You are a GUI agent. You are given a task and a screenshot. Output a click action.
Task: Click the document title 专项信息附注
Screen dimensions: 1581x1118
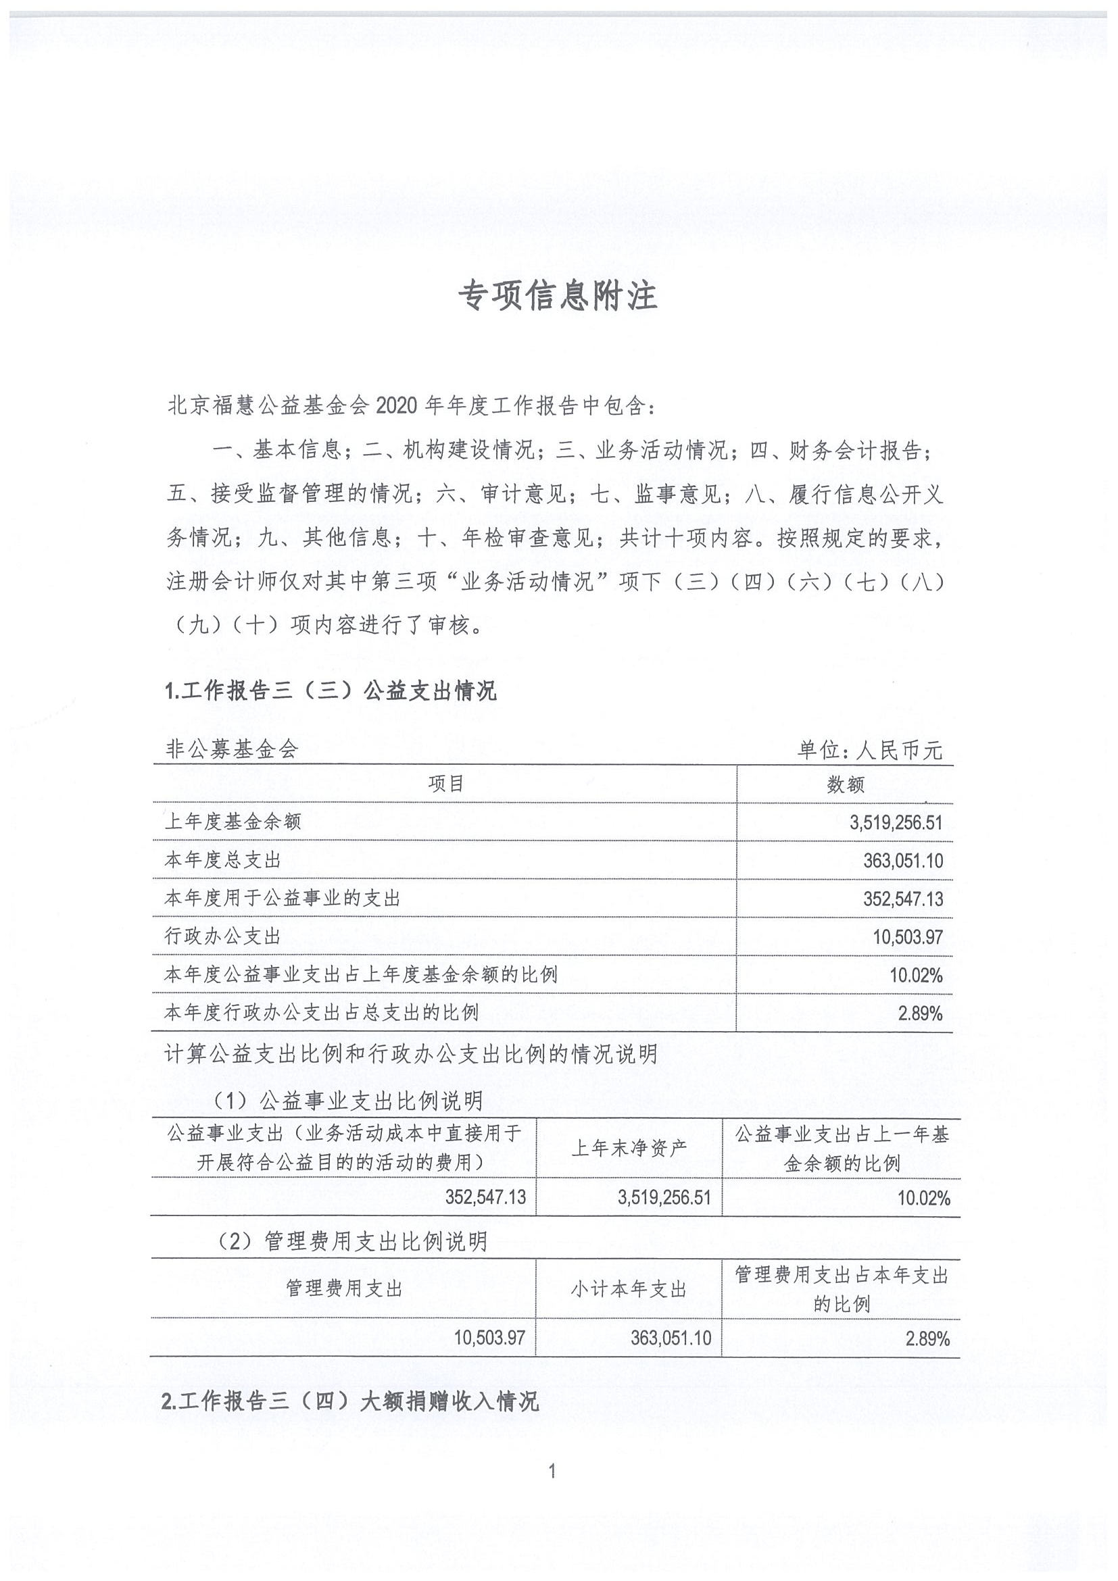tap(558, 296)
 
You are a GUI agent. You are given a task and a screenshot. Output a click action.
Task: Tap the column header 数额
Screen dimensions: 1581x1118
tap(845, 784)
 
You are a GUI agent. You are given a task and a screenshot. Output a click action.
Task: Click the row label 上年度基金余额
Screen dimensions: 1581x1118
tap(233, 822)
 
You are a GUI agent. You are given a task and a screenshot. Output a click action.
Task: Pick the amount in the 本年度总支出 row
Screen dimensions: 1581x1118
tap(902, 861)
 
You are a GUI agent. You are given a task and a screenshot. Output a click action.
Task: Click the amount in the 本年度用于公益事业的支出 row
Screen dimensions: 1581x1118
tap(902, 899)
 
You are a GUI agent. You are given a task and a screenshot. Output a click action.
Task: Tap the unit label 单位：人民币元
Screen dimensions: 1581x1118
tap(870, 750)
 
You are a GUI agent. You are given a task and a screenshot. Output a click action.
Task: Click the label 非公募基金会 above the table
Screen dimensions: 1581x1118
tap(232, 750)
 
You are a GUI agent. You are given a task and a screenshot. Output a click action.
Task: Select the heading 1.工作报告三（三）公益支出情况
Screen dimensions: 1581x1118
tap(331, 691)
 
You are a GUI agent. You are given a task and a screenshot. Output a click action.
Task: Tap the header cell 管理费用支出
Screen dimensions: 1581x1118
tap(344, 1288)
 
